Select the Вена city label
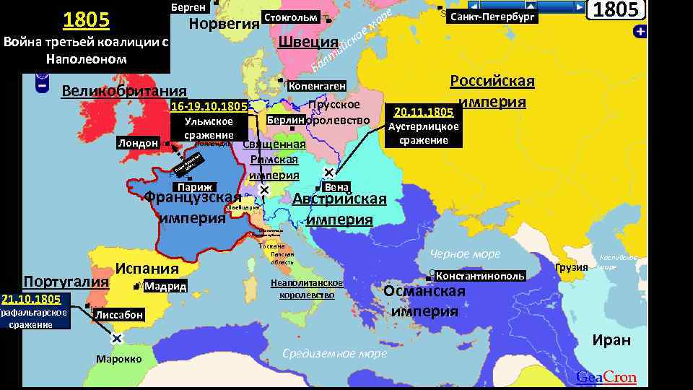click(x=337, y=186)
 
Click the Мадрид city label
click(x=165, y=287)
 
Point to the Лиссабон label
click(x=119, y=315)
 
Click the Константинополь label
click(x=479, y=277)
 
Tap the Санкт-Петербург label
click(x=492, y=17)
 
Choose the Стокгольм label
click(x=291, y=17)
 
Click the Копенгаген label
click(x=317, y=86)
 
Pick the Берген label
click(x=189, y=7)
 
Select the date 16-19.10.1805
click(x=209, y=107)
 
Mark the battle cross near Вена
click(x=328, y=173)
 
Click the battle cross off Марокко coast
click(x=116, y=338)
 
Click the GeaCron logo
click(x=606, y=377)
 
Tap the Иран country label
click(x=611, y=340)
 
